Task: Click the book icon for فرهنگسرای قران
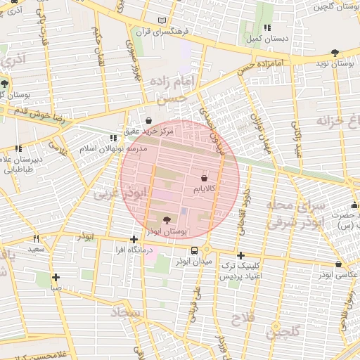[164, 21]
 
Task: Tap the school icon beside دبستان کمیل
[250, 27]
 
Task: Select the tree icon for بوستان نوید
[334, 53]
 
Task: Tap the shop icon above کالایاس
[204, 179]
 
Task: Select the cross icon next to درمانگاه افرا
[134, 239]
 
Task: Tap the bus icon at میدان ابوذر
[194, 251]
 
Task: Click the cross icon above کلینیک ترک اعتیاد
[240, 255]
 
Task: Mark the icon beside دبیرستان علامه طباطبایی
[18, 148]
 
